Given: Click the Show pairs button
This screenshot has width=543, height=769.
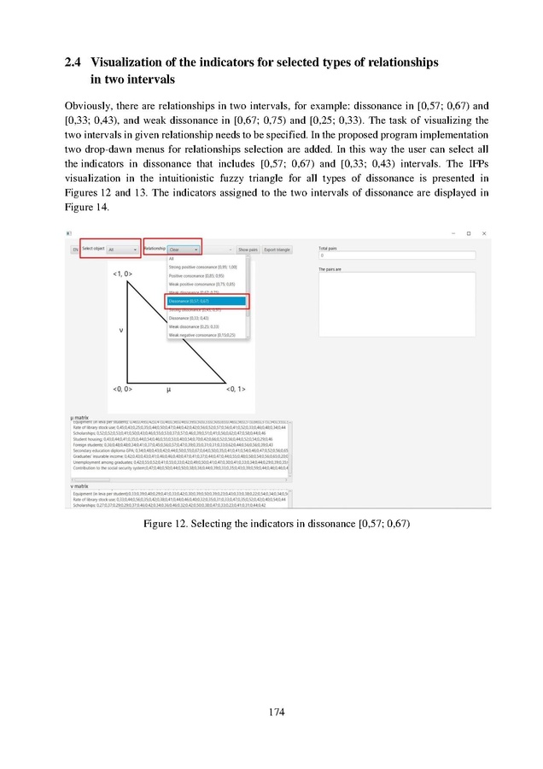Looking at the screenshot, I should coord(248,249).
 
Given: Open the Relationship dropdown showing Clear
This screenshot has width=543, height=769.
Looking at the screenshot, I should coord(184,249).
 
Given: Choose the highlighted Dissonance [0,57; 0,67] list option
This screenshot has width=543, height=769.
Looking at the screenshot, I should coord(205,302).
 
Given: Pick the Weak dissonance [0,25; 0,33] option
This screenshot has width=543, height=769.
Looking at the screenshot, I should coord(195,326).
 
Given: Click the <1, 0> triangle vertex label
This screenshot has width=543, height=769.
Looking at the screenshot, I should coord(121,273).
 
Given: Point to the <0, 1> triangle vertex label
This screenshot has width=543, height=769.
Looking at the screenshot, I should coord(236,390).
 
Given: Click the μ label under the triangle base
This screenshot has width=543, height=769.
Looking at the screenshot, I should coord(168,390).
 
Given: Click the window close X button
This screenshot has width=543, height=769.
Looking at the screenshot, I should coord(483,233).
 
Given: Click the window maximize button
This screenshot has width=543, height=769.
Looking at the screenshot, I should coord(468,233).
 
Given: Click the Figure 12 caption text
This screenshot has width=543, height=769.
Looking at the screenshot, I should coord(271,523).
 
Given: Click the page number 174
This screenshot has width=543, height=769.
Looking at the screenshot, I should coord(271,712).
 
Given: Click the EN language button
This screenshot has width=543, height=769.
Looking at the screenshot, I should coord(75,249).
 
